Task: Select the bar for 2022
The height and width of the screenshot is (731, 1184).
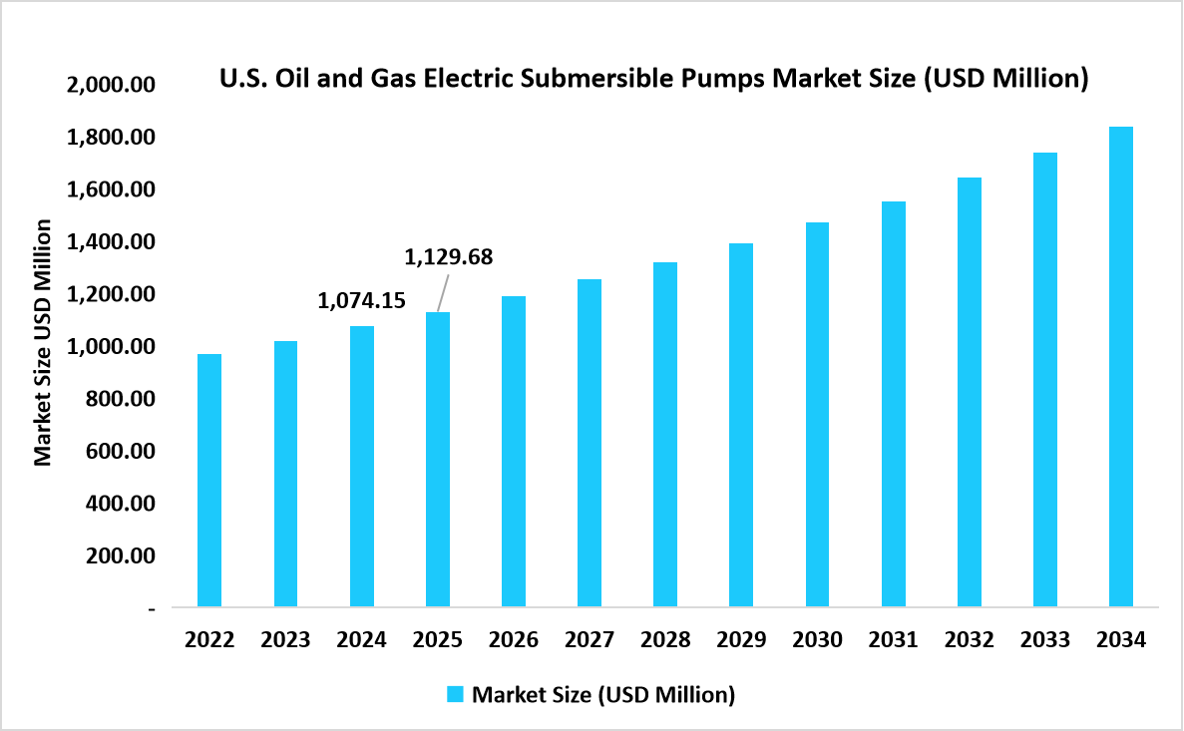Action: click(x=209, y=480)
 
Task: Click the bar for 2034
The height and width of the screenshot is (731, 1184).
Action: click(x=1120, y=366)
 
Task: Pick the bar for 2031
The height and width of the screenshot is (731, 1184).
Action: click(x=893, y=404)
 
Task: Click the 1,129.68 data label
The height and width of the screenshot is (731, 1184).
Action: click(x=448, y=257)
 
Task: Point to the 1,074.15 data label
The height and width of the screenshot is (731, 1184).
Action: click(x=361, y=299)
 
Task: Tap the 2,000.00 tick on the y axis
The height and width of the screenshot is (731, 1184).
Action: click(x=112, y=85)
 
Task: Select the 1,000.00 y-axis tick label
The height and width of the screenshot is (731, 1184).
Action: click(x=112, y=346)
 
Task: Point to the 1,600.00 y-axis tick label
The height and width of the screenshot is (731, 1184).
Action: click(x=112, y=189)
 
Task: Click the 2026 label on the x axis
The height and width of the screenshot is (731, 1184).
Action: click(x=513, y=639)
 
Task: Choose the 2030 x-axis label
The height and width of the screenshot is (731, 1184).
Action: click(x=817, y=639)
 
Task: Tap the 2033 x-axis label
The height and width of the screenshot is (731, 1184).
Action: click(x=1044, y=639)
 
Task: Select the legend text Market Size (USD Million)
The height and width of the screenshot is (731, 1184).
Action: click(x=602, y=694)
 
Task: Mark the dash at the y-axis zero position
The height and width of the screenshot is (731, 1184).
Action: click(x=152, y=607)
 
